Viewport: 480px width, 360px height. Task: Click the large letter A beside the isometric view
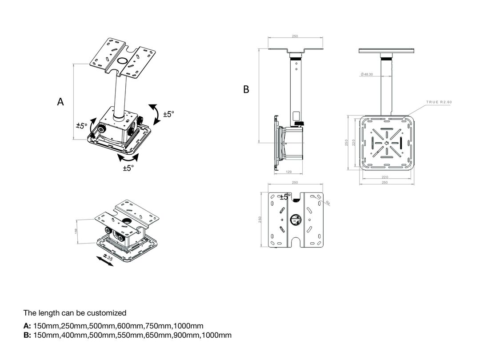coord(60,102)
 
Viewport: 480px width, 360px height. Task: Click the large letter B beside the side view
coord(246,90)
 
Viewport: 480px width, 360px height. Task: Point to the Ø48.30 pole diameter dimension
coord(367,74)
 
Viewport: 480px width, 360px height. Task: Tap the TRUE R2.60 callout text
coord(439,102)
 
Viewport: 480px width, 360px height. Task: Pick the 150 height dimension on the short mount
coord(76,231)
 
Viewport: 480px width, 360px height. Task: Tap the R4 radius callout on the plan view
coord(328,203)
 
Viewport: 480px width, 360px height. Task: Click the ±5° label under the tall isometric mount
coord(128,168)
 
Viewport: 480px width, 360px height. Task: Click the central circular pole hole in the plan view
coord(295,220)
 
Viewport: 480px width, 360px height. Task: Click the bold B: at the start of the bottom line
coord(27,335)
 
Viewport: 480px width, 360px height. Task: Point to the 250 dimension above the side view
coord(295,36)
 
